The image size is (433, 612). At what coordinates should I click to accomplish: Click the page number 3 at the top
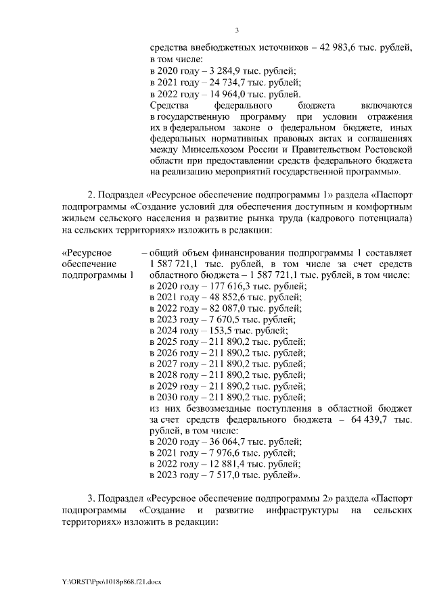(237, 30)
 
